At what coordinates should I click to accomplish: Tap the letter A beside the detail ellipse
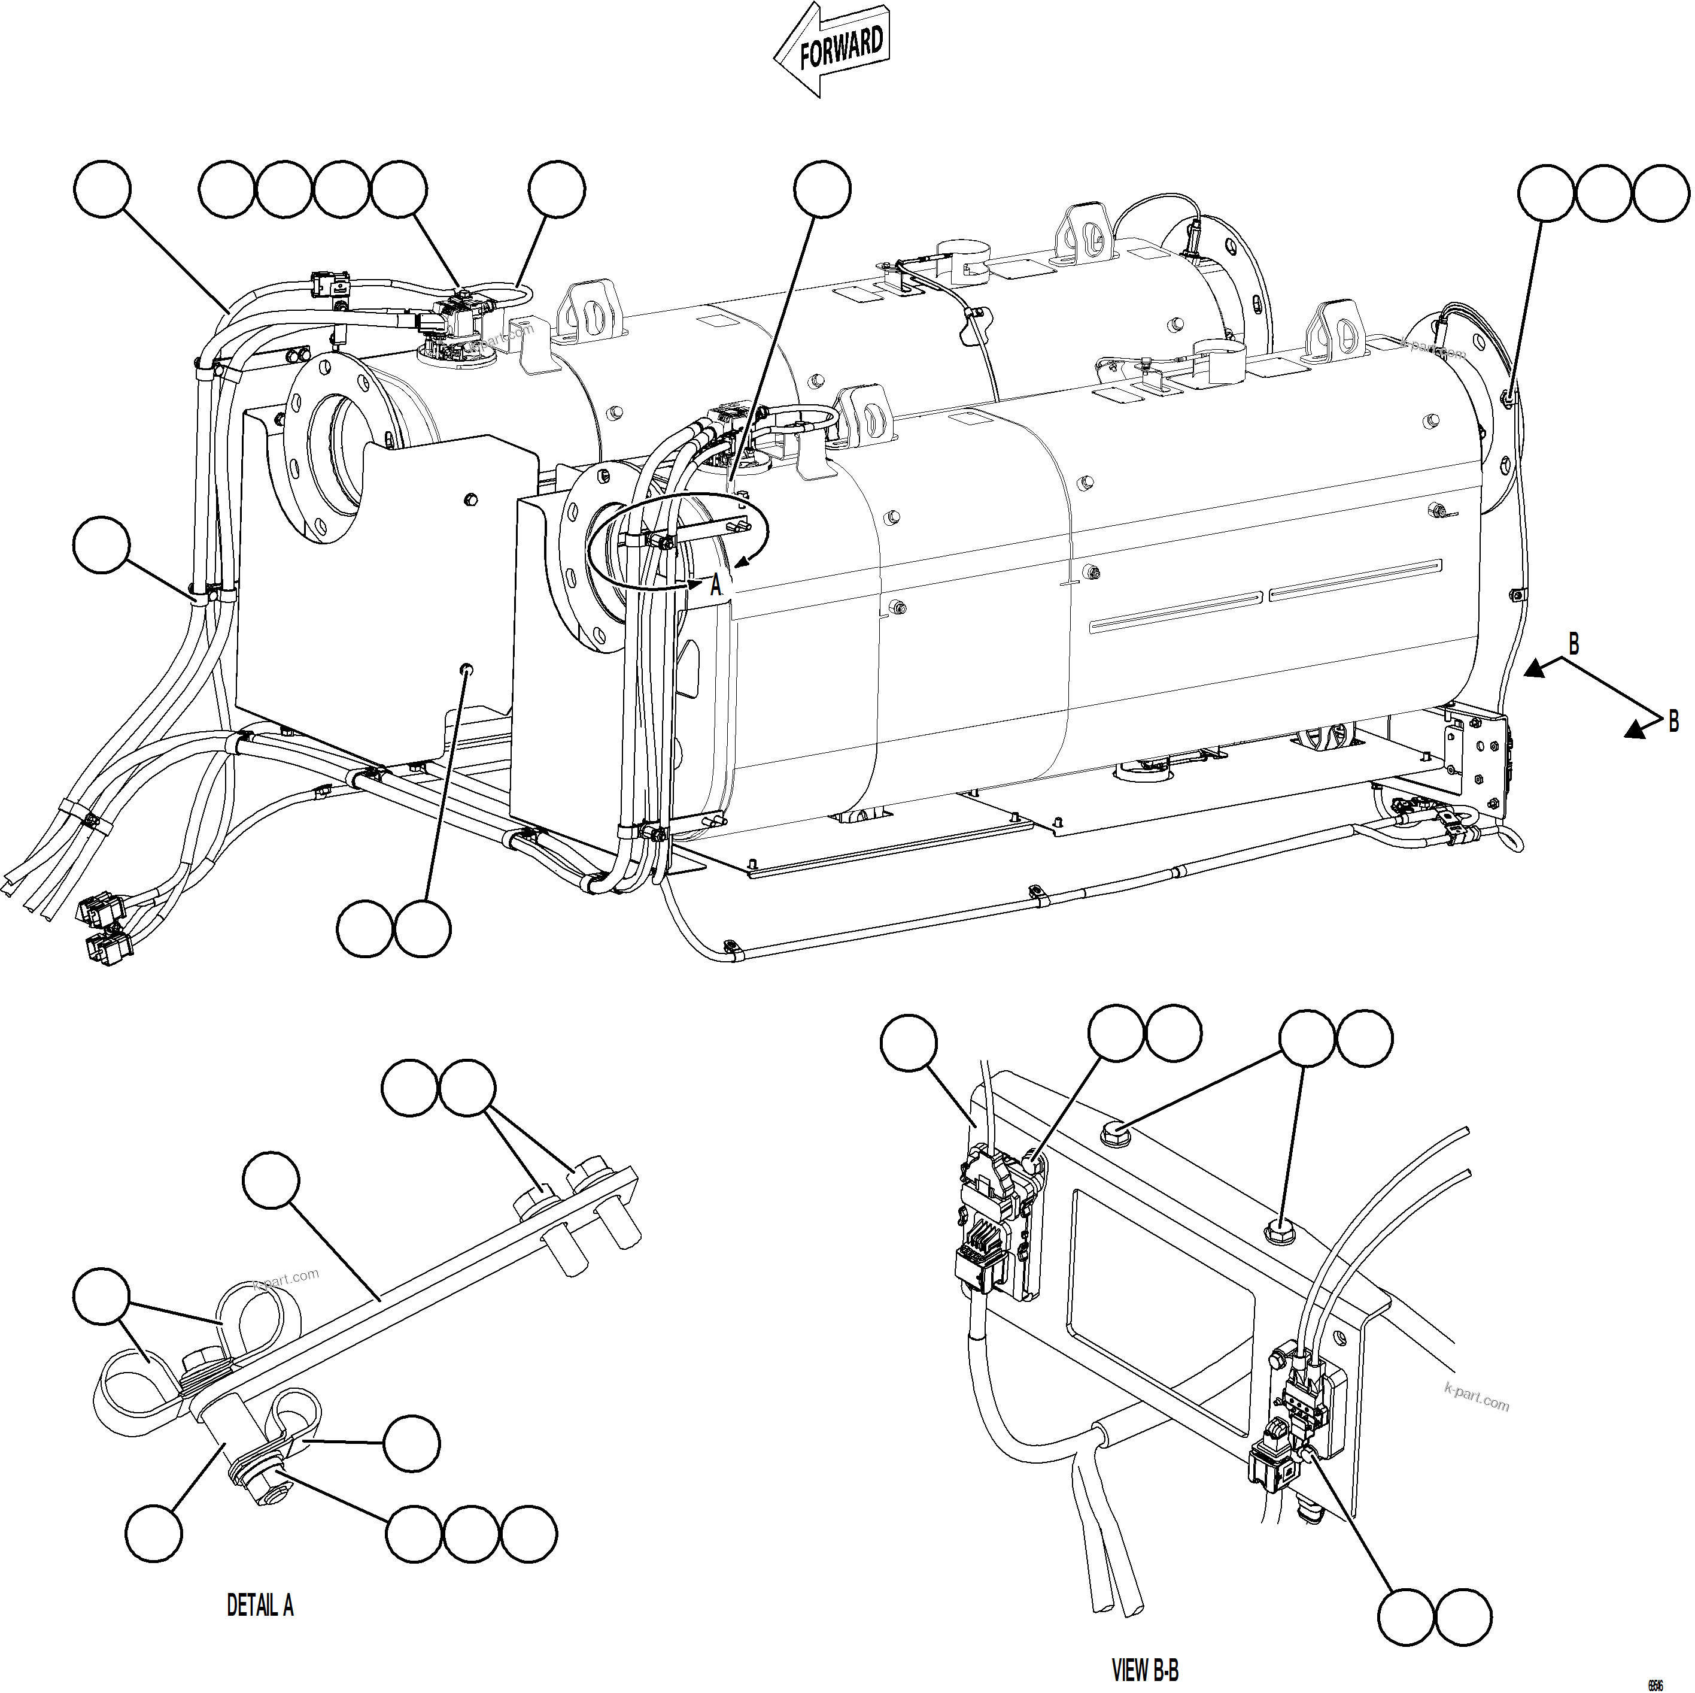(x=716, y=586)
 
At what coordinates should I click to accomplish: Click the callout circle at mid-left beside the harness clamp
(x=102, y=544)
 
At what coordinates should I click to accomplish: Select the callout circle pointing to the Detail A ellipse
(x=822, y=188)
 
